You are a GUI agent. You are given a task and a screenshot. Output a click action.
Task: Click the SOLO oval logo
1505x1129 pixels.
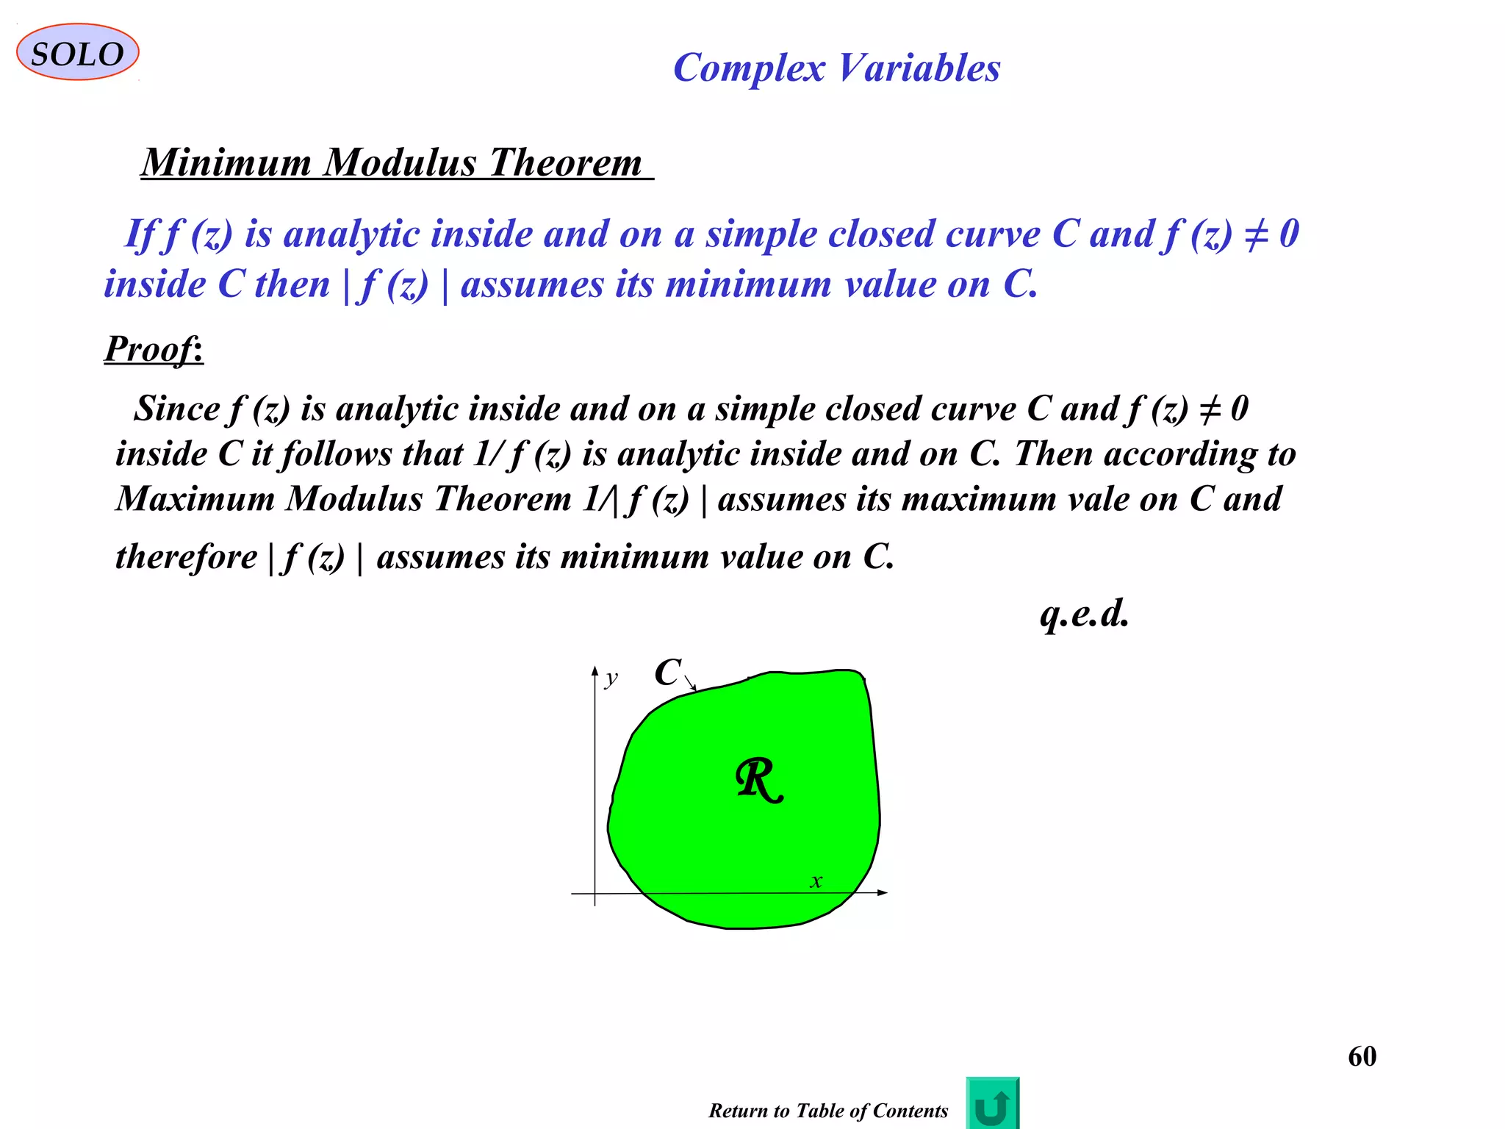(x=77, y=53)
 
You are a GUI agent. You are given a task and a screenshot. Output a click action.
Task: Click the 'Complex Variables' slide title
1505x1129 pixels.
(x=836, y=68)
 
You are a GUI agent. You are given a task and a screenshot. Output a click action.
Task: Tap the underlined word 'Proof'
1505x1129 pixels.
(x=151, y=348)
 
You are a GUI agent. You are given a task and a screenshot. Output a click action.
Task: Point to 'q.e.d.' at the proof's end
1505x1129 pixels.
(x=1084, y=614)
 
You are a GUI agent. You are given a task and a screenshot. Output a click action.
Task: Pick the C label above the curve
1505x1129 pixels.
(x=668, y=672)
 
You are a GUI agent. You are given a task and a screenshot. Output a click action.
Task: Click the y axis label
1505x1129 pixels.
(x=611, y=678)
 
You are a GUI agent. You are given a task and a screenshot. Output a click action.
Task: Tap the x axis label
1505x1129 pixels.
(x=816, y=881)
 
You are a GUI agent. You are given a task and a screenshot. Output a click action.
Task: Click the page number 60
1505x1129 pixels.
(x=1362, y=1056)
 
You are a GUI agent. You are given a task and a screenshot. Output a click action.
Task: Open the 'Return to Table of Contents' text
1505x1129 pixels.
(x=828, y=1111)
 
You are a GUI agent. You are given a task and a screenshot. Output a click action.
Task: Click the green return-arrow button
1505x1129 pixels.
(x=992, y=1103)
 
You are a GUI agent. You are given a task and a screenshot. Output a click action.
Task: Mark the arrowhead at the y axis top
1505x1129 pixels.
(x=595, y=670)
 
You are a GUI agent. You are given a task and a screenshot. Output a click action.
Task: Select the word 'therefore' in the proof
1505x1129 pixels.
(x=187, y=556)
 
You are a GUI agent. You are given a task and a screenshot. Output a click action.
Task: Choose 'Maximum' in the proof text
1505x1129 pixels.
(x=195, y=499)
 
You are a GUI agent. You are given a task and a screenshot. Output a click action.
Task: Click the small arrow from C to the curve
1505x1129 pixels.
(x=690, y=684)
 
